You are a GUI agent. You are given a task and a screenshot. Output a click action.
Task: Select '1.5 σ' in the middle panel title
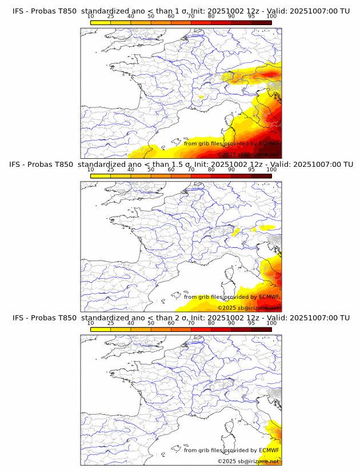pyautogui.click(x=183, y=165)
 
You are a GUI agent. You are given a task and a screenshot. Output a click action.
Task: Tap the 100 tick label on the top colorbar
pyautogui.click(x=271, y=17)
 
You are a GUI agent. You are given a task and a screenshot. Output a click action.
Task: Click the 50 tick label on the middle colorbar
pyautogui.click(x=151, y=170)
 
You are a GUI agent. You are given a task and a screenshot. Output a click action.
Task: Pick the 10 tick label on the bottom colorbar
pyautogui.click(x=91, y=323)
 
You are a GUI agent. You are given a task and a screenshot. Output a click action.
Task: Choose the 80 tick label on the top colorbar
pyautogui.click(x=211, y=17)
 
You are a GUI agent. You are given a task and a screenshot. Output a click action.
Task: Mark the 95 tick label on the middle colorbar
pyautogui.click(x=251, y=170)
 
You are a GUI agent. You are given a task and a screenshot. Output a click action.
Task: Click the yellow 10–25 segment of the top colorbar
pyautogui.click(x=101, y=22)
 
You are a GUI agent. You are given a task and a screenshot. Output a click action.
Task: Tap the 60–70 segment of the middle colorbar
pyautogui.click(x=181, y=175)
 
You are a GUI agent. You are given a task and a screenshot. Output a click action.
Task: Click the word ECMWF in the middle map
pyautogui.click(x=269, y=297)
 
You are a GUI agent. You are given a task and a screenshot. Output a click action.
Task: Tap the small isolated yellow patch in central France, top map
pyautogui.click(x=201, y=98)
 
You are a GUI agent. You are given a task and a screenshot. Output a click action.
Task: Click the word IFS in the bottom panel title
pyautogui.click(x=19, y=318)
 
